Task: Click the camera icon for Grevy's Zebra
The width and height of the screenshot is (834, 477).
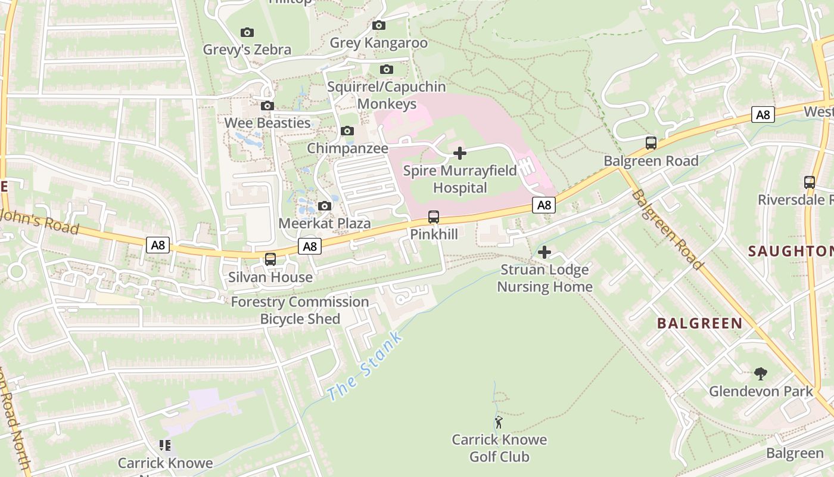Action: [x=247, y=32]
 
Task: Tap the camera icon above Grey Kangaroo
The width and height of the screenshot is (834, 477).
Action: [x=378, y=26]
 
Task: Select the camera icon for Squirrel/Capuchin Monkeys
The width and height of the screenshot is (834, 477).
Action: [x=387, y=70]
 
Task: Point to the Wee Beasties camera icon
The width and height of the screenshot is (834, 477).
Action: [x=267, y=106]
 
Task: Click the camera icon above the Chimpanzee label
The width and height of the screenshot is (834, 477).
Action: [x=347, y=131]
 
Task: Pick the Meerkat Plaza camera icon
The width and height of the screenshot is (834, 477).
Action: [x=325, y=206]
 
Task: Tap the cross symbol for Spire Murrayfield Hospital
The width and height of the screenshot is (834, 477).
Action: [x=460, y=153]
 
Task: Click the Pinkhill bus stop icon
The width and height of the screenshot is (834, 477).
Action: [x=434, y=217]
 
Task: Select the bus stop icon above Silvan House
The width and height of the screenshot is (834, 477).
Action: [x=270, y=259]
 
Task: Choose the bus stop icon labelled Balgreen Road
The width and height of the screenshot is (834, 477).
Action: [x=651, y=143]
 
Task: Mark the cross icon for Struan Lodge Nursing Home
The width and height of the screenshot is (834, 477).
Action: [x=544, y=252]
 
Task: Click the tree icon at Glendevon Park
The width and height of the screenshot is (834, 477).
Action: [x=760, y=374]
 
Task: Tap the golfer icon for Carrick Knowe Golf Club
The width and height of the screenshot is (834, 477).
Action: [x=499, y=423]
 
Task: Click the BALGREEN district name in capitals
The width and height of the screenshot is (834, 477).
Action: [x=699, y=324]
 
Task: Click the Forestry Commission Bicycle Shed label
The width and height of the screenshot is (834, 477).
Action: [x=300, y=310]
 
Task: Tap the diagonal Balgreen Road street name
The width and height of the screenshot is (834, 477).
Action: [x=667, y=230]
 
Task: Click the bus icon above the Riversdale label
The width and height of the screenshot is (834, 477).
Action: [x=809, y=182]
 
